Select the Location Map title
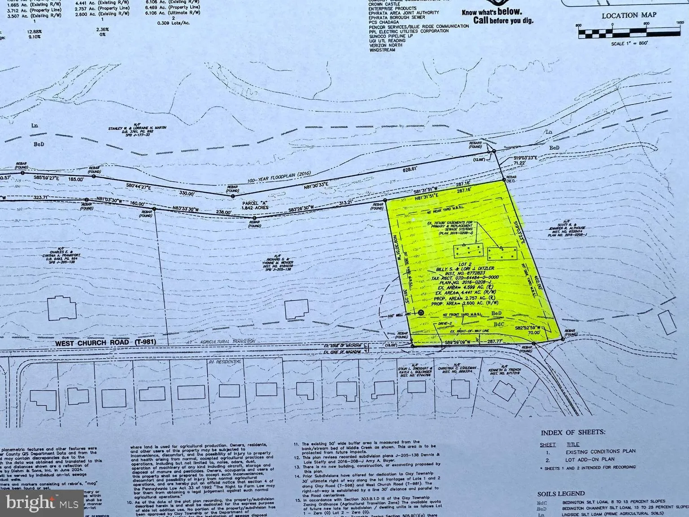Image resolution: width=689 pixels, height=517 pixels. click(x=628, y=15)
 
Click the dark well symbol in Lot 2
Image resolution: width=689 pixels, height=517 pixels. click(x=421, y=312)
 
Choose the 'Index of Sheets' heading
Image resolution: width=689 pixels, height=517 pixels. click(x=573, y=433)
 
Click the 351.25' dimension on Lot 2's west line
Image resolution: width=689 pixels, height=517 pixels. click(x=407, y=298)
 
